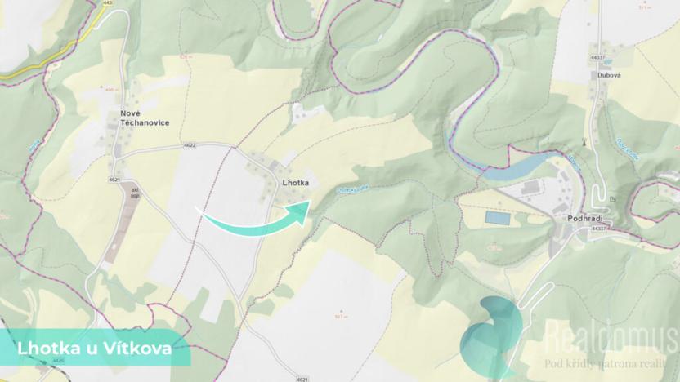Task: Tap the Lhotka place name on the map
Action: coord(294,183)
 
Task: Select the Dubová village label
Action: coord(609,74)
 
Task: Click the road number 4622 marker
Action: coord(190,145)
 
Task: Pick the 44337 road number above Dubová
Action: coord(597,57)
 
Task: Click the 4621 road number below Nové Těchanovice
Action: coord(114,179)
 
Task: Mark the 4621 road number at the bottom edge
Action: coord(303,379)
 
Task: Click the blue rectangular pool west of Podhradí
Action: coord(496,218)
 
